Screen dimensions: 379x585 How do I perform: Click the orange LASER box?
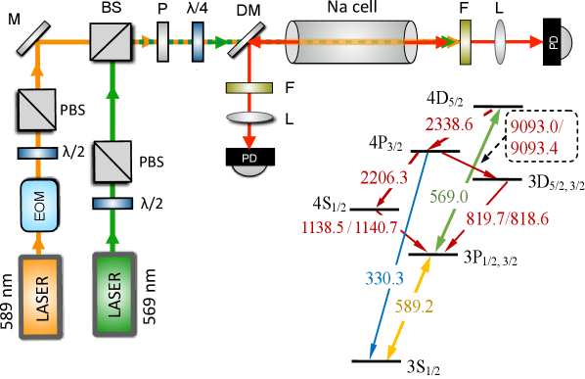tap(39, 296)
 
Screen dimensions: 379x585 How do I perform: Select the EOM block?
tap(38, 210)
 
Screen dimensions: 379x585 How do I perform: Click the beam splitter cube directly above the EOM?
tap(37, 110)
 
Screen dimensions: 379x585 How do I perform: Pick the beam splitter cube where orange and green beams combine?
tap(111, 41)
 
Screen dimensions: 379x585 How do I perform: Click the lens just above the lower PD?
tap(249, 117)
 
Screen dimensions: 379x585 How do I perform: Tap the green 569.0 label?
tap(449, 195)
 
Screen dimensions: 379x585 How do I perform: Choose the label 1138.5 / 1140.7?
tap(351, 227)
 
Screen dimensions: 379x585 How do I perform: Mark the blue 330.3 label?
tap(384, 277)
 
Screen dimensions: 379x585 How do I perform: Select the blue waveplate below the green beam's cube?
tap(112, 204)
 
